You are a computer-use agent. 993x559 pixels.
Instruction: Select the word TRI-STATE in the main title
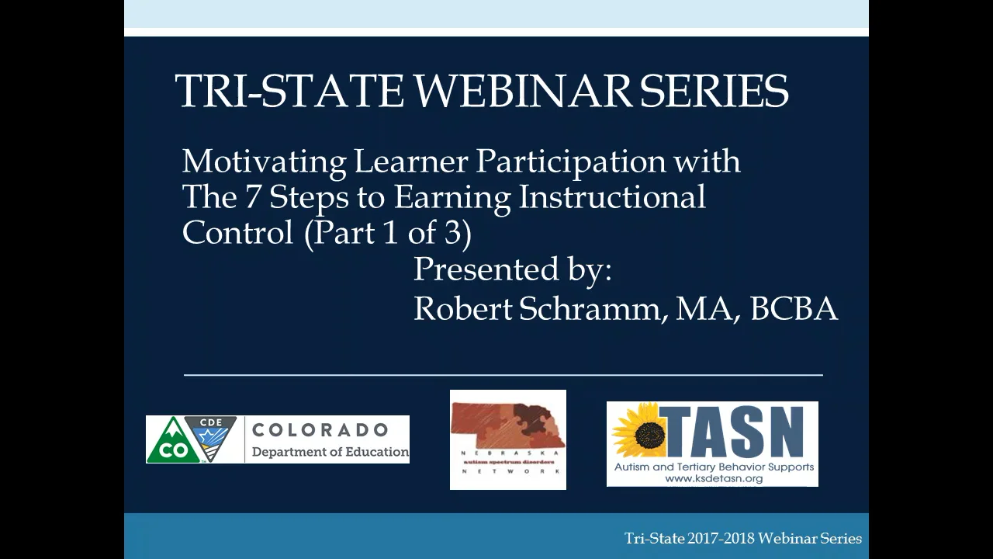[x=289, y=91]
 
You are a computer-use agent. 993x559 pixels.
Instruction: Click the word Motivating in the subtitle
[x=264, y=162]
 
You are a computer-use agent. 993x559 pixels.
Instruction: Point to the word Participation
[x=570, y=162]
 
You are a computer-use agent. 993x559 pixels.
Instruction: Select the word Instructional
[x=612, y=197]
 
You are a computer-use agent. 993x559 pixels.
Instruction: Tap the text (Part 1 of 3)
[x=388, y=233]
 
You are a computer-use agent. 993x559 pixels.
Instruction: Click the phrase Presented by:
[x=513, y=270]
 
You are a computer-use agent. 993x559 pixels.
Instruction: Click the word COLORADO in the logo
[x=320, y=430]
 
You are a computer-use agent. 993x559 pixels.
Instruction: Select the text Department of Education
[x=330, y=452]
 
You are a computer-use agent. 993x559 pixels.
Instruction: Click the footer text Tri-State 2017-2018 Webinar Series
[x=743, y=538]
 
